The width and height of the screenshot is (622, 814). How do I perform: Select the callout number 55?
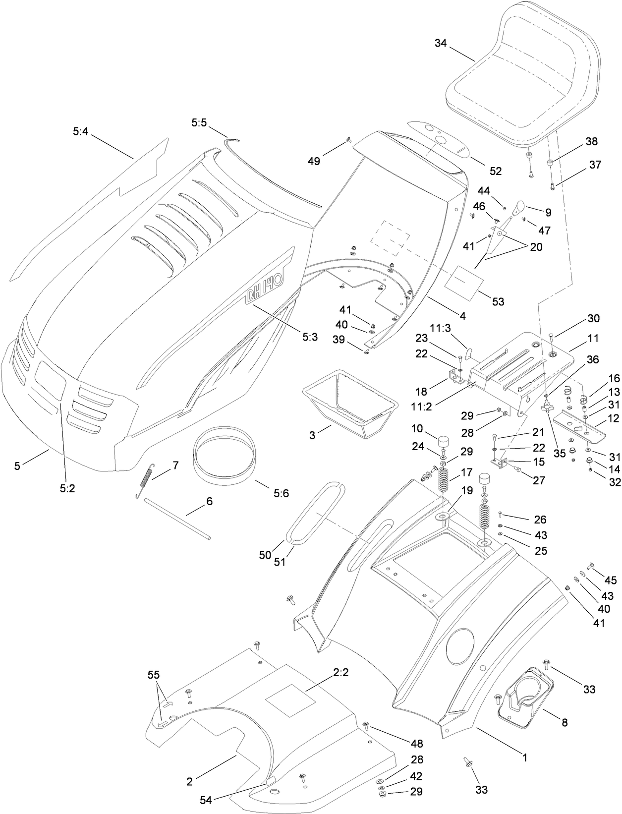(154, 675)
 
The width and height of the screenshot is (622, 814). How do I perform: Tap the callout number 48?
(417, 744)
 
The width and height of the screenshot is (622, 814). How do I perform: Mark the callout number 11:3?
(439, 328)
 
